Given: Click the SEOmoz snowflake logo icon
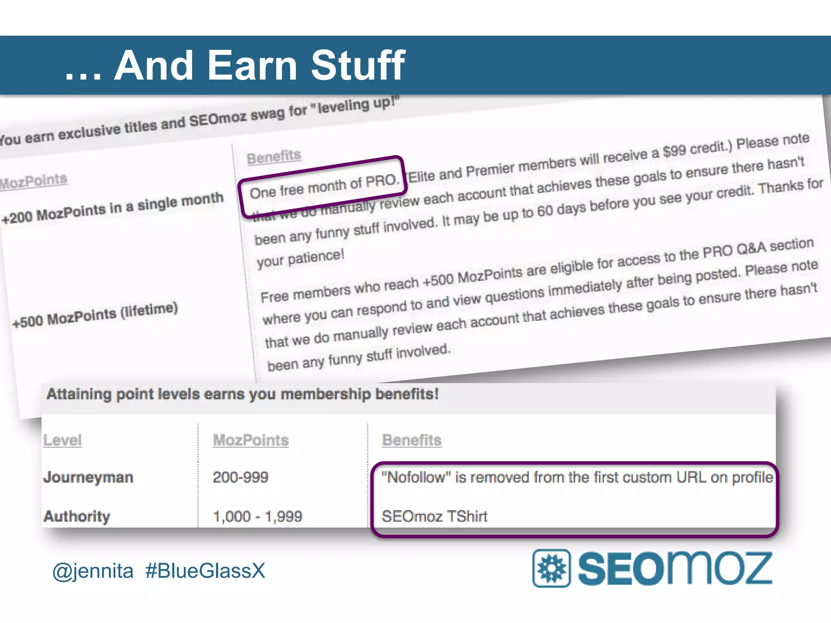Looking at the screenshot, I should pyautogui.click(x=551, y=568).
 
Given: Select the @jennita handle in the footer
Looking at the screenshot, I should pyautogui.click(x=93, y=571).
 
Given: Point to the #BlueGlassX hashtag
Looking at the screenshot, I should pyautogui.click(x=205, y=571).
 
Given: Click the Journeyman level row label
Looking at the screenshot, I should pyautogui.click(x=88, y=477).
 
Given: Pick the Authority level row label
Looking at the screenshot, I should pyautogui.click(x=77, y=516).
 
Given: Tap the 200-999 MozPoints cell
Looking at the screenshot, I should pyautogui.click(x=241, y=477).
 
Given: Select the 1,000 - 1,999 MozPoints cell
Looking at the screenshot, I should pyautogui.click(x=258, y=516).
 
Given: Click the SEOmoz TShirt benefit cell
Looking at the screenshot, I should pyautogui.click(x=435, y=516).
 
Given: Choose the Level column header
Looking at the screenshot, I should pyautogui.click(x=62, y=440).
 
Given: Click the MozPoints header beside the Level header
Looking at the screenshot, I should pyautogui.click(x=251, y=440).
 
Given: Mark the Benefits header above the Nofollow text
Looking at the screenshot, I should pyautogui.click(x=412, y=440).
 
